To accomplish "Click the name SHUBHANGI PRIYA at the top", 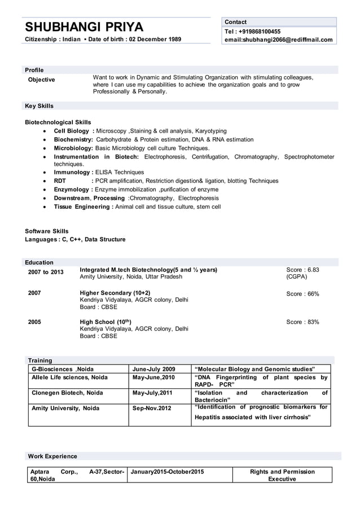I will point(84,27).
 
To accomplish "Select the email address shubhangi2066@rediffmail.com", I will point(278,40).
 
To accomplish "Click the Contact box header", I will point(235,22).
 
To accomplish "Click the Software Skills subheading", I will point(47,231).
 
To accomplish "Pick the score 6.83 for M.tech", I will point(302,270).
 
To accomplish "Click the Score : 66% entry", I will point(302,294).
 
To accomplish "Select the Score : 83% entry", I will point(302,322).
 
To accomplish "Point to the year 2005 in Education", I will point(34,322).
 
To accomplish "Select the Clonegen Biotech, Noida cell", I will point(67,393).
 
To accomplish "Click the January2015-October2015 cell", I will point(167,471).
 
